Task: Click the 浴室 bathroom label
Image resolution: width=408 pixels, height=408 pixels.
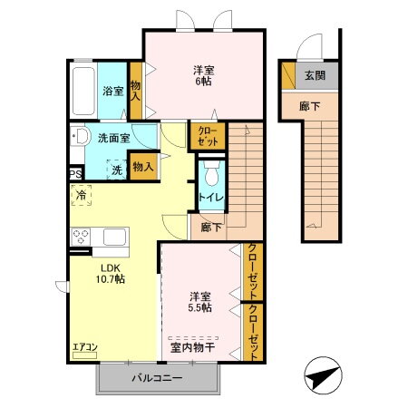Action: [113, 91]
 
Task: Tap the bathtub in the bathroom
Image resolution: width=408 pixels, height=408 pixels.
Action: [83, 91]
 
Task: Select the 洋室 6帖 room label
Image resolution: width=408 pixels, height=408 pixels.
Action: [204, 76]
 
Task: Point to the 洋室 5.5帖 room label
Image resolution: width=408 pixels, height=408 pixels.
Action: [200, 302]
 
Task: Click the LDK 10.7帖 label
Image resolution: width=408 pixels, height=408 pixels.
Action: [111, 274]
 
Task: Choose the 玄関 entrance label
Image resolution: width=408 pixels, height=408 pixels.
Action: [315, 75]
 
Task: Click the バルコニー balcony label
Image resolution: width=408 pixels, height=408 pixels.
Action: [157, 378]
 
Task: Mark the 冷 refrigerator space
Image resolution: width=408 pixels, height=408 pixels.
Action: [81, 195]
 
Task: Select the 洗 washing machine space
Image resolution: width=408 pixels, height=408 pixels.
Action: [117, 170]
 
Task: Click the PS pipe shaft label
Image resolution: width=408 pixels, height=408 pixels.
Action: [75, 174]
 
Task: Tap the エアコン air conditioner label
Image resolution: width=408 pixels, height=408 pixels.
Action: [85, 347]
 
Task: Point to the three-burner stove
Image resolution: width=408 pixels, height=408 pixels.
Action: [81, 237]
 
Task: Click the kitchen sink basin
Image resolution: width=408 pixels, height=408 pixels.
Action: [114, 237]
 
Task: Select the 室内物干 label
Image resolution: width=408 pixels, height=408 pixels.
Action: [193, 347]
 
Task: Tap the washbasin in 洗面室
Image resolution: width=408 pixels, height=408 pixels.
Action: [81, 136]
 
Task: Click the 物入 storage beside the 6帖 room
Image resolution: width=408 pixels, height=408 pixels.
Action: [136, 91]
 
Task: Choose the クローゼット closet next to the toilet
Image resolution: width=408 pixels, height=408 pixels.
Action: [208, 136]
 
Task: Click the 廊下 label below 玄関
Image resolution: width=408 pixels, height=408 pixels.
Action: [309, 106]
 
